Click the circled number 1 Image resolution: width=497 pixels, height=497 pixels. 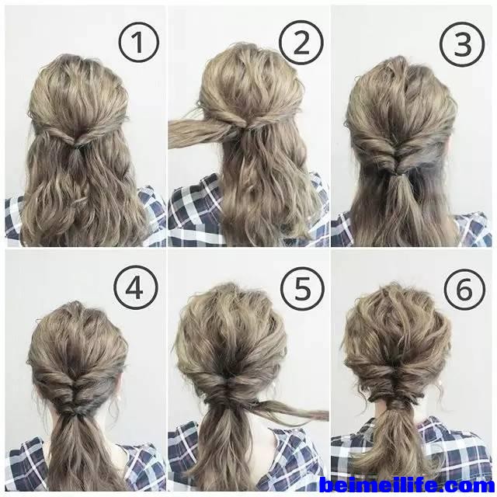[x=138, y=43]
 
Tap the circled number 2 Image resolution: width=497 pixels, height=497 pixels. [x=301, y=43]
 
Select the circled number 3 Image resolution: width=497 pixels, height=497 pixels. [x=463, y=44]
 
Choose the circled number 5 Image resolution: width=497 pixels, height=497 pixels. [x=302, y=289]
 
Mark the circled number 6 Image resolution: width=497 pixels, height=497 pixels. [x=464, y=290]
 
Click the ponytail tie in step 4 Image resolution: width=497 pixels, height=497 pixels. [x=74, y=411]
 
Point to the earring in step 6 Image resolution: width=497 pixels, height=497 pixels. [x=440, y=384]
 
